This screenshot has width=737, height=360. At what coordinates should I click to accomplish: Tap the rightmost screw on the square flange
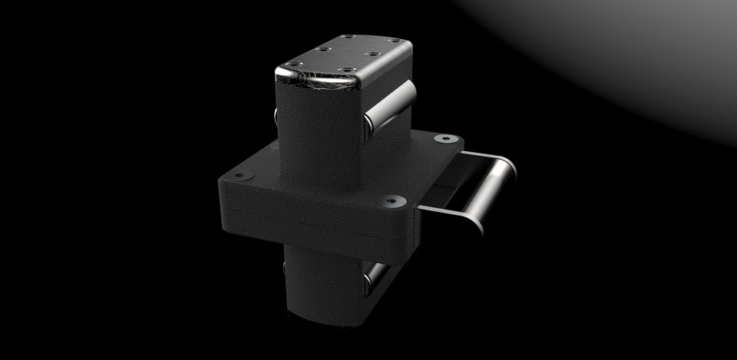[x=445, y=140]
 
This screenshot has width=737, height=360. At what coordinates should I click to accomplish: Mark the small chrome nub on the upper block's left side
[x=276, y=116]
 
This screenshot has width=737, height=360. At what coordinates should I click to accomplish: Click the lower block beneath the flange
[x=322, y=284]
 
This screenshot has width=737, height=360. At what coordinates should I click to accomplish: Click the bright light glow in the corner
[x=653, y=46]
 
